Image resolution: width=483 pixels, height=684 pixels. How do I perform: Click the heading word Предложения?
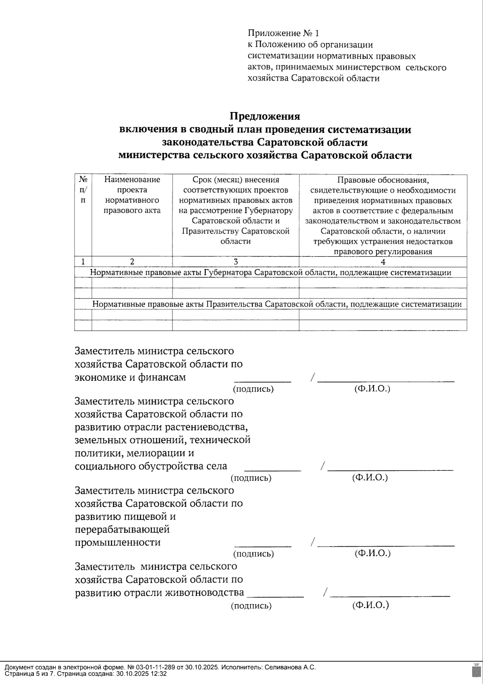265,116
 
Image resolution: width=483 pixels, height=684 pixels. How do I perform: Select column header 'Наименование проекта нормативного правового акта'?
132,195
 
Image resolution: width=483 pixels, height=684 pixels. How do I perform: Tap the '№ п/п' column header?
83,189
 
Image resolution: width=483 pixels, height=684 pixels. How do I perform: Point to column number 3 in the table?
235,262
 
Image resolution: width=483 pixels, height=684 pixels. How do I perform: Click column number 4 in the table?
383,262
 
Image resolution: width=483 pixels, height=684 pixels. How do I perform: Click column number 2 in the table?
132,262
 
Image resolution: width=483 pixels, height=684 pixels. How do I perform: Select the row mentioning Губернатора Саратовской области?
270,273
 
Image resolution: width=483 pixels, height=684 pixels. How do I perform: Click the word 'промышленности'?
118,542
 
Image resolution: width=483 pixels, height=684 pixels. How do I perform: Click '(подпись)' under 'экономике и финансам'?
253,389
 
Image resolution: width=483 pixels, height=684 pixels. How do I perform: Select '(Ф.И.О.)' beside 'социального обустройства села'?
370,478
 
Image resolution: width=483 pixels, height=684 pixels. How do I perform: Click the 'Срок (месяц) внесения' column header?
235,180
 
